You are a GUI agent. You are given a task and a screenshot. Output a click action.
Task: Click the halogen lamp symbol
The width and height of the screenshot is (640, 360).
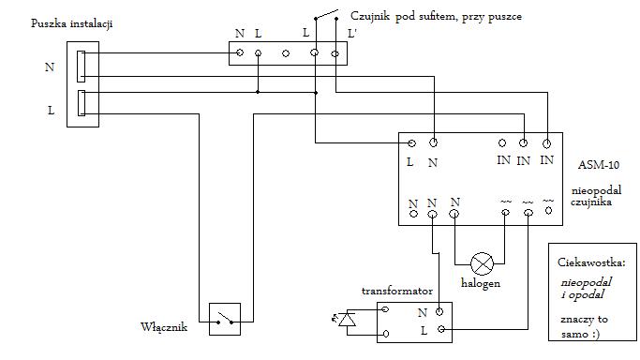[482, 263]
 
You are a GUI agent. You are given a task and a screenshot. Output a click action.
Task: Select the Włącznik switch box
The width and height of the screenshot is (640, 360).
[225, 319]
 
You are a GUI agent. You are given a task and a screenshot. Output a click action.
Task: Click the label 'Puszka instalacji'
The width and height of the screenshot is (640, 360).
[72, 23]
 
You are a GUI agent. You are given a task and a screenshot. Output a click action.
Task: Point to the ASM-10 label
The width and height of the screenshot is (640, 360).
[599, 165]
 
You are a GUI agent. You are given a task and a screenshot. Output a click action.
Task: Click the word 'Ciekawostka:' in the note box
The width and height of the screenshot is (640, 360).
[591, 262]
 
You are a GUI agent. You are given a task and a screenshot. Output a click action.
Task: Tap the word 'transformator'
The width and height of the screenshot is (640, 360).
[396, 291]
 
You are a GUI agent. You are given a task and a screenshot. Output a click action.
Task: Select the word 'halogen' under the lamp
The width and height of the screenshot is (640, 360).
[481, 283]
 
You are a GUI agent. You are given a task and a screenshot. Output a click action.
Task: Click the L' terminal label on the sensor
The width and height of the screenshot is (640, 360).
[351, 34]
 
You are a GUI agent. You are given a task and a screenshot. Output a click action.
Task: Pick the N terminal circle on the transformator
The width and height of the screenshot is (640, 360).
[439, 312]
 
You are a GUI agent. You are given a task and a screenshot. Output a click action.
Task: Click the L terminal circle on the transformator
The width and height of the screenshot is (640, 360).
[441, 329]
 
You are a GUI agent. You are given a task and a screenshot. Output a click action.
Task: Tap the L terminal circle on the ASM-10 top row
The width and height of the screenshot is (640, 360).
[412, 143]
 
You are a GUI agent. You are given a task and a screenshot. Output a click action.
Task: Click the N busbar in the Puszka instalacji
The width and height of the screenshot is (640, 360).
[82, 67]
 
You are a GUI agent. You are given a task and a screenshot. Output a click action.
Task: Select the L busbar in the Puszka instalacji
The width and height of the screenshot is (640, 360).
[82, 103]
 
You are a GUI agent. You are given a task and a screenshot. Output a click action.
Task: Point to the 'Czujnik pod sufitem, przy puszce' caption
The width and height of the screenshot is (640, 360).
[436, 17]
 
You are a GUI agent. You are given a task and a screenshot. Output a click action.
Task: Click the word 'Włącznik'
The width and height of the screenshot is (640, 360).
[164, 327]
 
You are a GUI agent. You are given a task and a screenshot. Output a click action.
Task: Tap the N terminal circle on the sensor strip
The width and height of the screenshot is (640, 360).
[240, 52]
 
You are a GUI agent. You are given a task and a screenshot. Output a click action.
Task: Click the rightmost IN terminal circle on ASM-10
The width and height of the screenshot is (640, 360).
[546, 143]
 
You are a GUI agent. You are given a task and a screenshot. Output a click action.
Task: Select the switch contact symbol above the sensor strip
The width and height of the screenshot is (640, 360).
[326, 15]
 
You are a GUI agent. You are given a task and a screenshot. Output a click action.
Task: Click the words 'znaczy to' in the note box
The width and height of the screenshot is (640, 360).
[584, 319]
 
